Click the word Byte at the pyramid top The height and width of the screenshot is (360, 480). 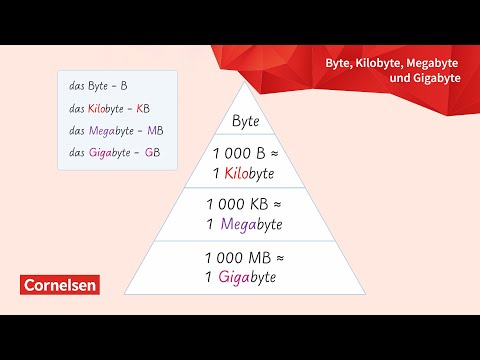pyautogui.click(x=246, y=122)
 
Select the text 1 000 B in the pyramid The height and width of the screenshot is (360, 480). pyautogui.click(x=238, y=154)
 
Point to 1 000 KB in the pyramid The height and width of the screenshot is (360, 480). pyautogui.click(x=235, y=204)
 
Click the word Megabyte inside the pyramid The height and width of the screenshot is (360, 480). pyautogui.click(x=251, y=224)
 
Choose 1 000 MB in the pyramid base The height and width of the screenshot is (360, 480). pyautogui.click(x=235, y=257)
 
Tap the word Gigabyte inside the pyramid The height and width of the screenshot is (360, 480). pyautogui.click(x=251, y=277)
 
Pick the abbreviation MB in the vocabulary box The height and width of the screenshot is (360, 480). pyautogui.click(x=155, y=131)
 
